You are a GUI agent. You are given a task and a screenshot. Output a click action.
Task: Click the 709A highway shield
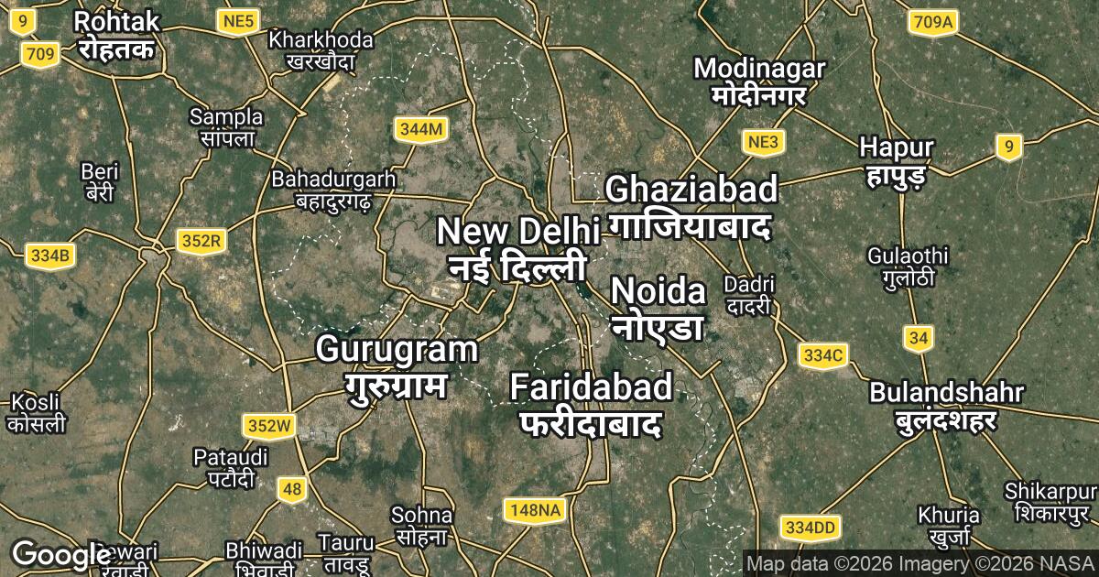click(x=933, y=21)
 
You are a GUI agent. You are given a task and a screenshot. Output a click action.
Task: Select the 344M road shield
click(x=421, y=130)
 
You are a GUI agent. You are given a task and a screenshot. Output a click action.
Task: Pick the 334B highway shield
click(x=49, y=256)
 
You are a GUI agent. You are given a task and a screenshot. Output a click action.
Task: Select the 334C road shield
click(x=822, y=354)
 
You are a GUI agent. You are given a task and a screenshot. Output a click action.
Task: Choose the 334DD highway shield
click(x=811, y=528)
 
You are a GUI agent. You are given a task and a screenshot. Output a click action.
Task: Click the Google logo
click(x=61, y=555)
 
